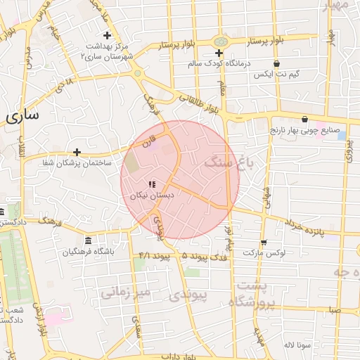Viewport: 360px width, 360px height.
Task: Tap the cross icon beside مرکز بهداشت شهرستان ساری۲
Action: coord(107,35)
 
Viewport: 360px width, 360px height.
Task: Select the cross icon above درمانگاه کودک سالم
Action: coord(219,53)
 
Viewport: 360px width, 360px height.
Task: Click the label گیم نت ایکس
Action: coord(276,74)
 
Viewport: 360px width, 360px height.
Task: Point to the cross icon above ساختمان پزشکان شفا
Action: coord(77,152)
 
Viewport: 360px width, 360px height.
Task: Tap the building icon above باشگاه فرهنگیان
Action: coord(88,240)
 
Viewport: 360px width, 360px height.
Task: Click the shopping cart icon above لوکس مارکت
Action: coord(262,241)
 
